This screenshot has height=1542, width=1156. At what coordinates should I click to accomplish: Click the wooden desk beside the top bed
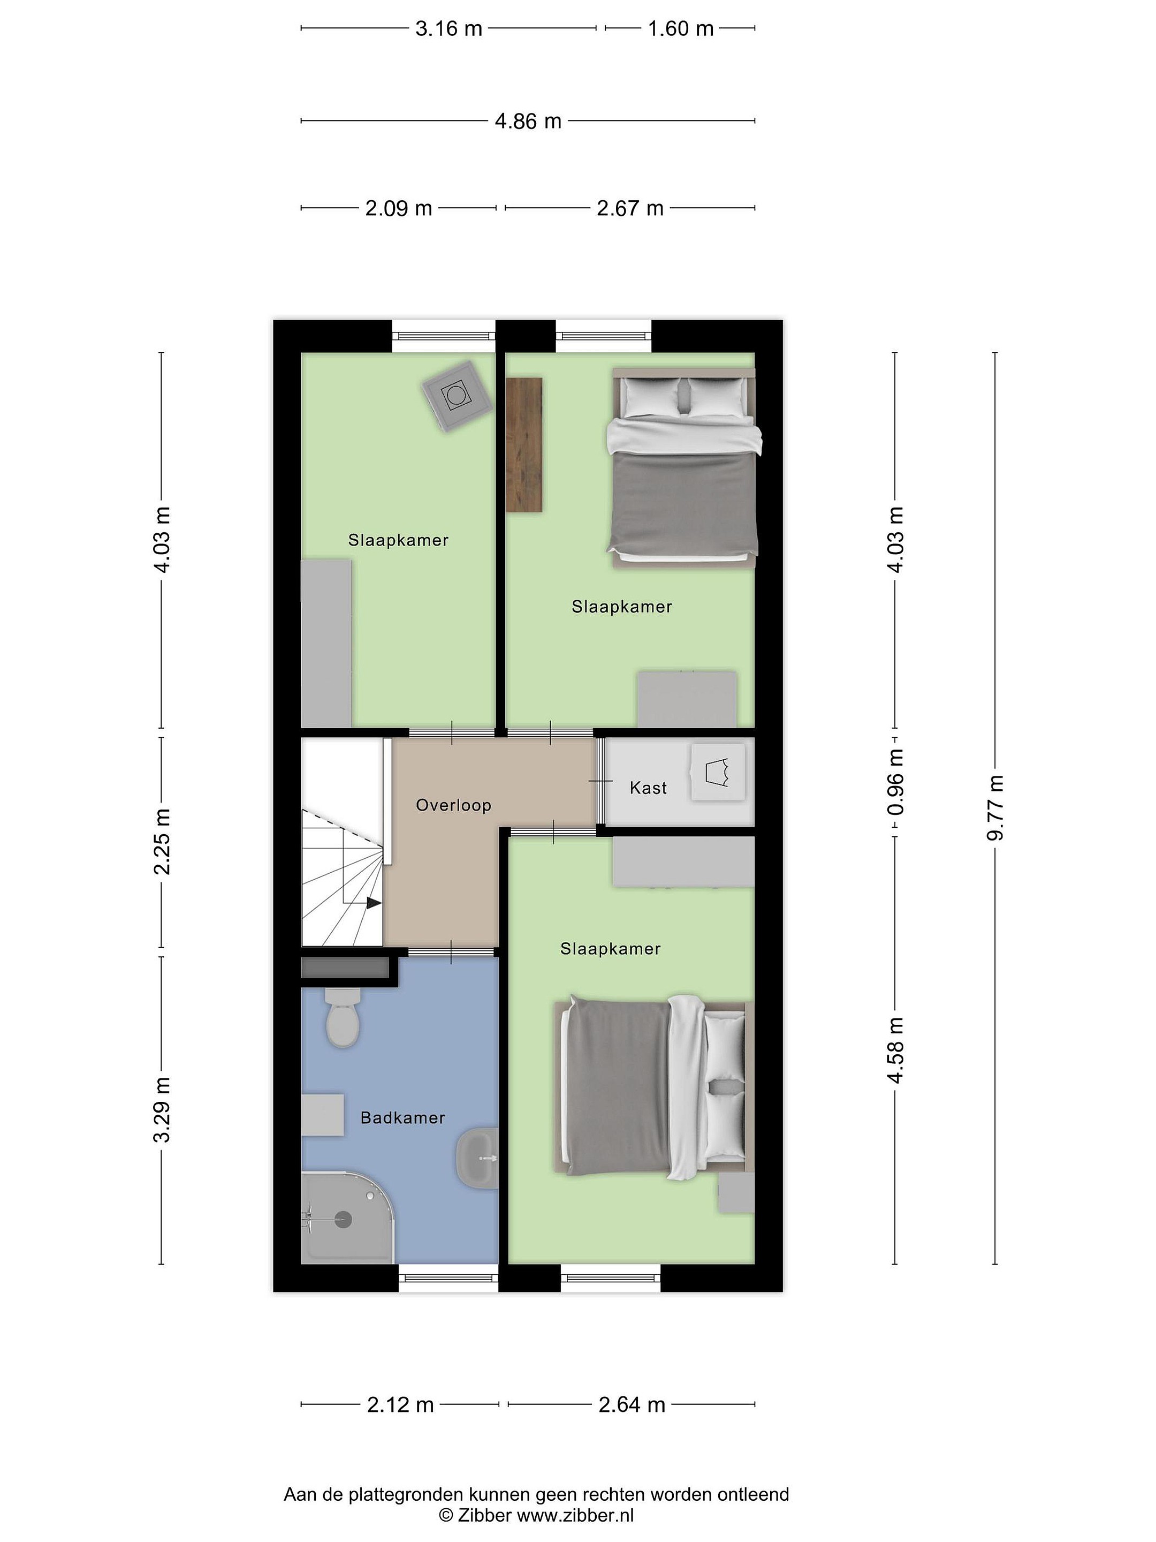coord(524,445)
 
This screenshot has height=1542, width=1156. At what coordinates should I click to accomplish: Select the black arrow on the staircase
coord(374,903)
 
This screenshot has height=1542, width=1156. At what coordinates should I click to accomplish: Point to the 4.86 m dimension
coord(528,122)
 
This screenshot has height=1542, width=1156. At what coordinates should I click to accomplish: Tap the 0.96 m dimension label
coord(895,782)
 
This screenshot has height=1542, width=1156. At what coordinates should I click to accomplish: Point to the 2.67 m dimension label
coord(630,208)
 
